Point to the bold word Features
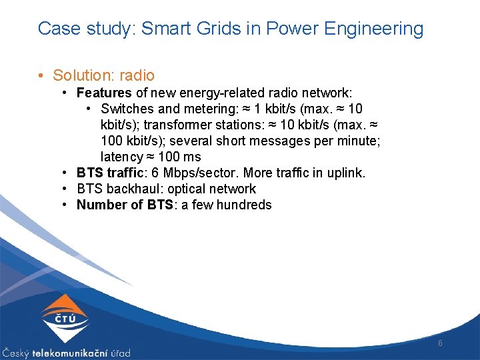104,93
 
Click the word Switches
127,109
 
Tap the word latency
122,157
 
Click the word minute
360,141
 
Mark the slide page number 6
440,343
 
